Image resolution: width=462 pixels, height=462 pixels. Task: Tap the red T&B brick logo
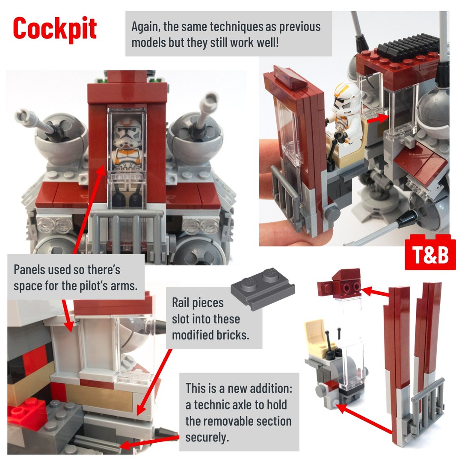pyautogui.click(x=430, y=254)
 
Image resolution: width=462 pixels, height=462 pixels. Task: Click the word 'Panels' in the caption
pyautogui.click(x=30, y=269)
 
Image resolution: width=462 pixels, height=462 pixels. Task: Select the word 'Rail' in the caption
pyautogui.click(x=181, y=302)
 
